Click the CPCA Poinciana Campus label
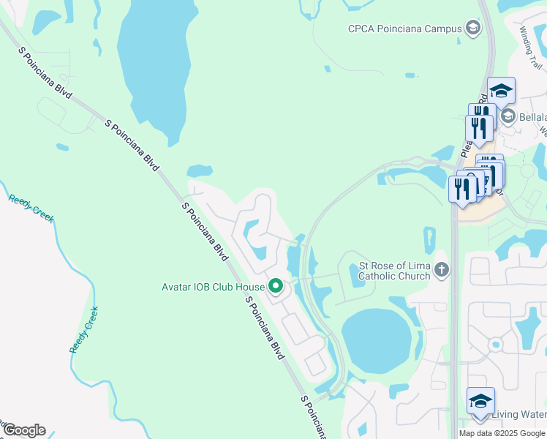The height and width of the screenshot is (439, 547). point(404,29)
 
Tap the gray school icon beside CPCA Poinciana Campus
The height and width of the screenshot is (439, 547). point(473,29)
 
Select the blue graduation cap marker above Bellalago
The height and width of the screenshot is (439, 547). point(501,91)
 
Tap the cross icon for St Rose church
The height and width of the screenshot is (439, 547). point(441,270)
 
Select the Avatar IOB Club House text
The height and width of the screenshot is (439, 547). point(212,286)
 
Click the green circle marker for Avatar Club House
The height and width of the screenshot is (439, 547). point(276,285)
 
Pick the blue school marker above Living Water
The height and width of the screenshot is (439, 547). point(480,402)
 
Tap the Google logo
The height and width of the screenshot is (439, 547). point(23,430)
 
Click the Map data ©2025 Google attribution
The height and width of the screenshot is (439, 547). point(502,433)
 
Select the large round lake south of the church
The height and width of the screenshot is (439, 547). point(377,340)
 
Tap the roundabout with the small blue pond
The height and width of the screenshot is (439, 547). point(495,343)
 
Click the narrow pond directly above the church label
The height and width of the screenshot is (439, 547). point(429,241)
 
